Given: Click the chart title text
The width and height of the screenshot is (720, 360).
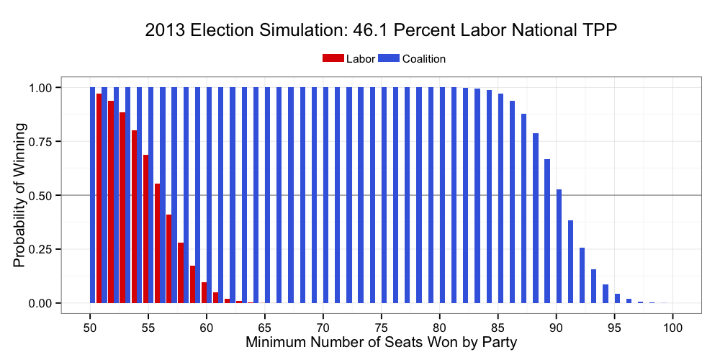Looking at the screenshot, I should (x=381, y=30).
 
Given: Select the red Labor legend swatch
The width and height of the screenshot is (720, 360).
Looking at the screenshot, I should (x=333, y=59).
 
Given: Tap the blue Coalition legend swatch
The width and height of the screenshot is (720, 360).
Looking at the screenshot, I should (x=389, y=59).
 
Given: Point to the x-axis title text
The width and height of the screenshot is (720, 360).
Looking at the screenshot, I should (x=381, y=342).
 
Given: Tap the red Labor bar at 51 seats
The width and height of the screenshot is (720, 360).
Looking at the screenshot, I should (x=99, y=198).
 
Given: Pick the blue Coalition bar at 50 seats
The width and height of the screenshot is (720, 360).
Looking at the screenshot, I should (x=93, y=195).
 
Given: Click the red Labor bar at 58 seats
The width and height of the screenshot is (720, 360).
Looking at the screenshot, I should (x=181, y=273).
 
